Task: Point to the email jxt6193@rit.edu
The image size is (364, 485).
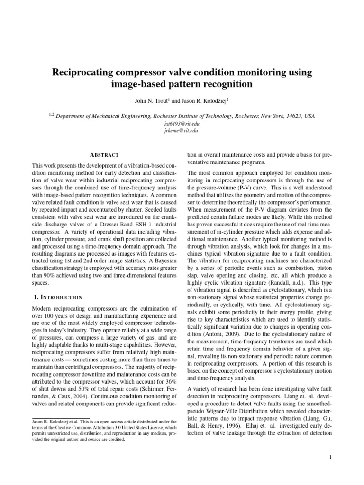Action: pos(182,123)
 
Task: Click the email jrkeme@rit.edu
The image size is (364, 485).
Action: pos(182,130)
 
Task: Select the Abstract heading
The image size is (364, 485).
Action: pos(103,155)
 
